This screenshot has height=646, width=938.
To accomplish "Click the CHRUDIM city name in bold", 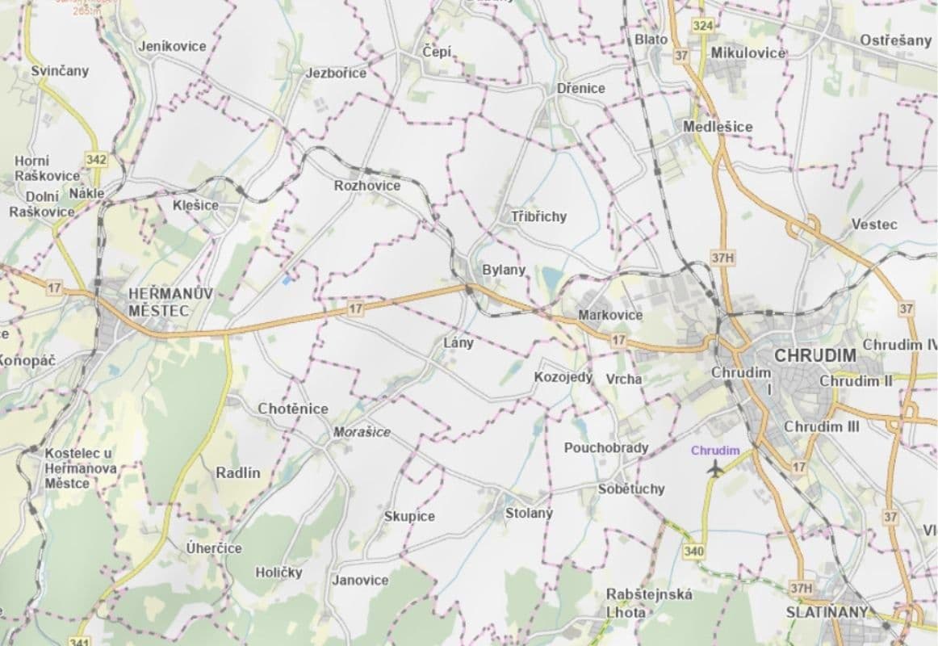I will point(814,355).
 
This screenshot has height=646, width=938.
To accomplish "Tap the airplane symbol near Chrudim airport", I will point(714,468).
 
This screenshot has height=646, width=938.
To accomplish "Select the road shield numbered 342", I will point(96,159).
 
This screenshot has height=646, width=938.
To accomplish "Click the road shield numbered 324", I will point(703,27).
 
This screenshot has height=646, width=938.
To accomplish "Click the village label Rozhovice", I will point(366,186).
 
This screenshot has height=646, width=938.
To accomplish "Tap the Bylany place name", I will point(504,270).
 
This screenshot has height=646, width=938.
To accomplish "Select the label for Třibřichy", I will point(538,216).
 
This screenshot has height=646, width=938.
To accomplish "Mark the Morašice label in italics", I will point(362,432).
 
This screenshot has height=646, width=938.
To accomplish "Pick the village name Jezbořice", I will point(336,73).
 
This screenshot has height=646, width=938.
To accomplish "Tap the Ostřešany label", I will point(895,40).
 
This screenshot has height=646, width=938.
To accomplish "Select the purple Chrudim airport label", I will point(715,451).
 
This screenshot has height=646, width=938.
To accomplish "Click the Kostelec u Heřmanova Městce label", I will point(79,468).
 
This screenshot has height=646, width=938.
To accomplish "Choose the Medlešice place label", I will point(718,127).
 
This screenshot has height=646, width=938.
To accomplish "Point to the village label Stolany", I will point(529,513).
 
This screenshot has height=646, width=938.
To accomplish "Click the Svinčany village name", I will point(60,71).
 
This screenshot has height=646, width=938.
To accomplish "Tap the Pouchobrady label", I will point(605,447).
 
